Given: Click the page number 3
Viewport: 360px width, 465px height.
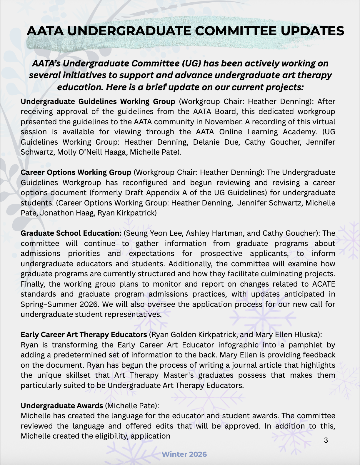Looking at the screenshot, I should tap(326, 440).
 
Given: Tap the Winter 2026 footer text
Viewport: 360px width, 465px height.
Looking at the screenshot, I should tap(184, 454).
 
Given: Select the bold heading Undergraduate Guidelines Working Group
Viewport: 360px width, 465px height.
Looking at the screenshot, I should tap(98, 102).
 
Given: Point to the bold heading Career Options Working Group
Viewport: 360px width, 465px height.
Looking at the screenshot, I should tap(76, 172).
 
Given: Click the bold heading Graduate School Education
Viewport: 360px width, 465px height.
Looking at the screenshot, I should tap(71, 233).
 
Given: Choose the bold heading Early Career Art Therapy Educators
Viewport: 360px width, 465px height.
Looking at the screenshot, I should tap(84, 335).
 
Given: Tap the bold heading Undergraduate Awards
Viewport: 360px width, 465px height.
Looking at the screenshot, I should tap(62, 406).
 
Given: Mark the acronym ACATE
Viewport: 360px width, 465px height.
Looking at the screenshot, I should tap(323, 284).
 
